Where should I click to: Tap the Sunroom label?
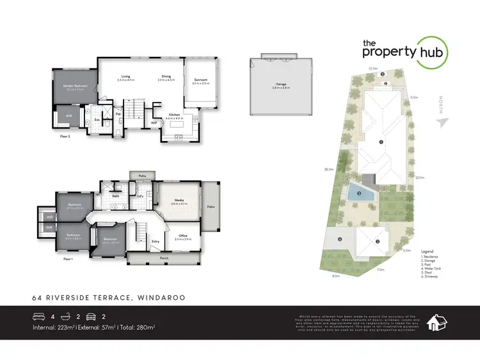click(201, 80)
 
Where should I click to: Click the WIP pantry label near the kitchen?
click(154, 122)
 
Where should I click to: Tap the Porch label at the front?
click(164, 258)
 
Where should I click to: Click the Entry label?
click(156, 241)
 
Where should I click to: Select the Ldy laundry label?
click(140, 196)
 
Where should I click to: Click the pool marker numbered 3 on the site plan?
click(359, 193)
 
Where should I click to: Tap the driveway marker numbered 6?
click(340, 240)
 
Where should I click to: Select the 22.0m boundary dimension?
click(420, 177)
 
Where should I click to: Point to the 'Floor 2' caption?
click(65, 136)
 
